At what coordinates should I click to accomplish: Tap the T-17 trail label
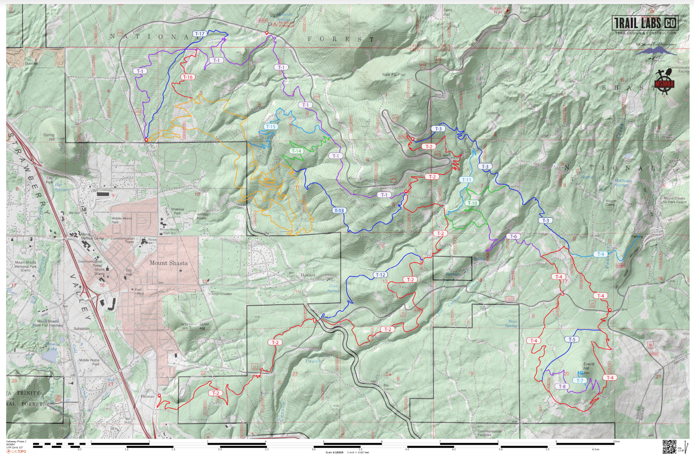pos(199,34)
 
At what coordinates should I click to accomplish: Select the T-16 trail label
pos(188,77)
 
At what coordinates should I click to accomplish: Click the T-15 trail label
pos(271,127)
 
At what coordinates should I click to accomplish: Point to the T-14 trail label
pos(296,151)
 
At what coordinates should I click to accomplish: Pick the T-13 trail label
pos(339,211)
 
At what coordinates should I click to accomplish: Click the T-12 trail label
pos(380,275)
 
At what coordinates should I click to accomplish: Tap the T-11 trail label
pos(466,180)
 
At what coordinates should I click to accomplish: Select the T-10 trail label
pos(472,203)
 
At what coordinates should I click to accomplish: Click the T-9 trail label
pos(600,254)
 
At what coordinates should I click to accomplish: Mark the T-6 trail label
pos(513,237)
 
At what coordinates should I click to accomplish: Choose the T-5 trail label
pos(571,339)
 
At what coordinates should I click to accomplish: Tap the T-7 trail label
pos(579,381)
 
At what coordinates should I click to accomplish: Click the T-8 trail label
pos(562,386)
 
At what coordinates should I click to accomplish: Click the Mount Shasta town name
pos(168,263)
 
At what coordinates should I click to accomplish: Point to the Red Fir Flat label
pos(394,75)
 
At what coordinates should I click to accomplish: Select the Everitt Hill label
pos(589,366)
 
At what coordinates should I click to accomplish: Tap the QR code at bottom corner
pos(669,446)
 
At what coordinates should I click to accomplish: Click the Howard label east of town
pos(307,275)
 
